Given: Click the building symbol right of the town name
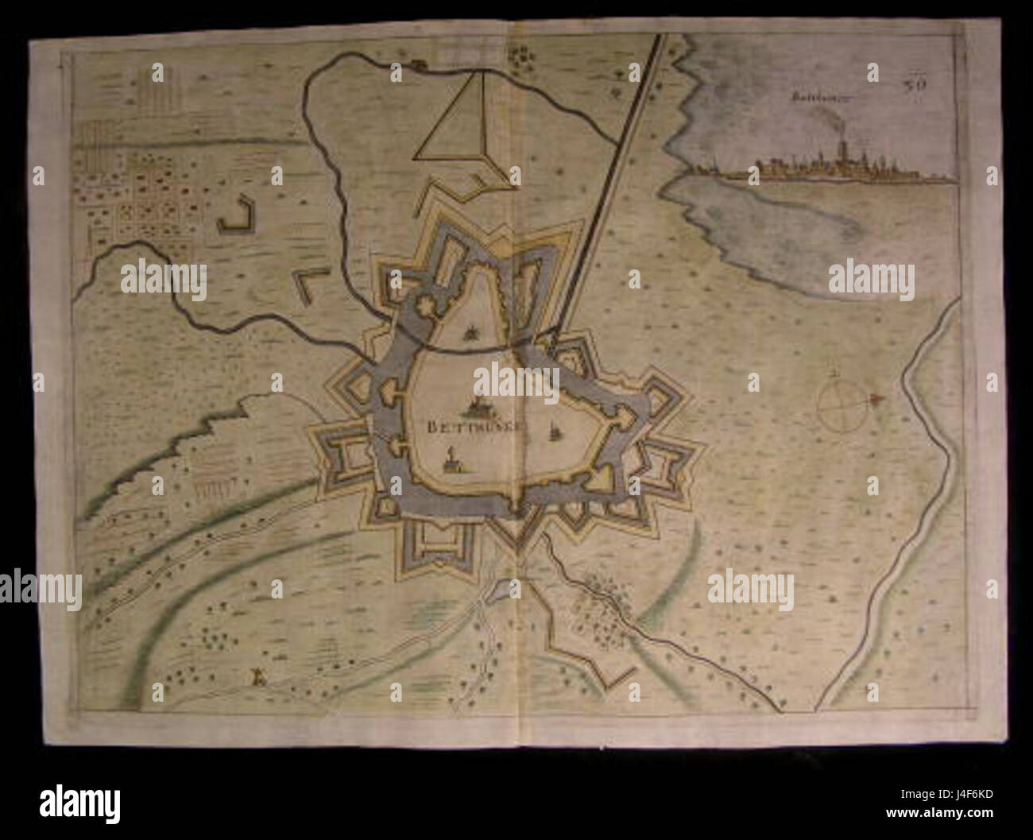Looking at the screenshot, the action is (554, 431).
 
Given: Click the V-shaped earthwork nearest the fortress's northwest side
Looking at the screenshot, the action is (309, 284).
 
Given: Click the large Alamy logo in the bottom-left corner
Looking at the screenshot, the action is (79, 800).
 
